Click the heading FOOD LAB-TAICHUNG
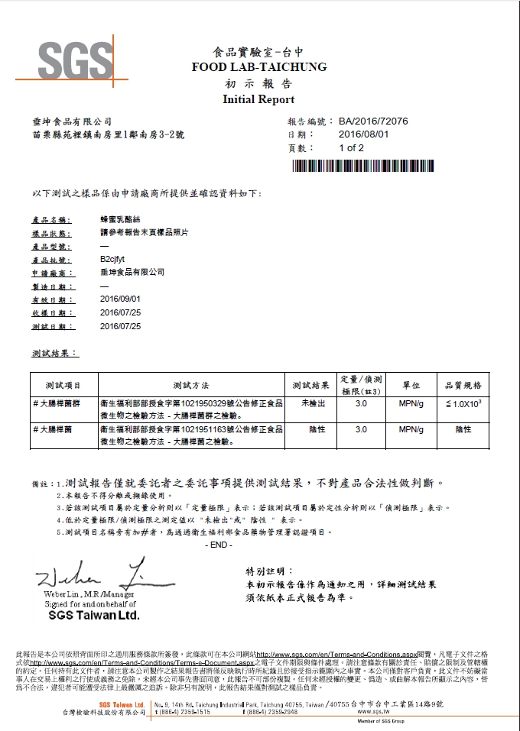259,67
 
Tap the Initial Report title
258,99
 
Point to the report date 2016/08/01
363,134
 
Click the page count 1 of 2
352,148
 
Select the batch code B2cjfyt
115,260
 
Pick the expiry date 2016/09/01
121,299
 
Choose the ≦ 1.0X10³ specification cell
463,403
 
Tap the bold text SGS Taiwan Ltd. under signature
94,614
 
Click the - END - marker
219,544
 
